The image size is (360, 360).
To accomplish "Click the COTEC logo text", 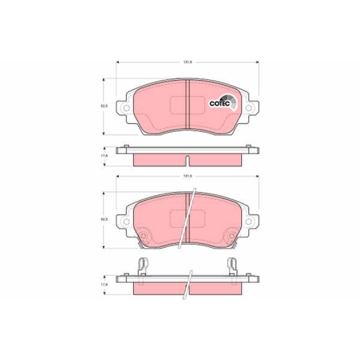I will [x=219, y=103].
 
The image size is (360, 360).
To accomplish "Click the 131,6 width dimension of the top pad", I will [x=186, y=61].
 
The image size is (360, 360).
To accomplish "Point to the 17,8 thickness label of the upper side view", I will [x=104, y=155].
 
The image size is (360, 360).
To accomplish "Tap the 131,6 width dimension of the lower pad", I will [x=186, y=176].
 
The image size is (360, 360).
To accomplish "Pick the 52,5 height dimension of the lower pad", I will [x=104, y=220].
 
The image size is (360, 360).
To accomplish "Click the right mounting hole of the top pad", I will [x=250, y=109].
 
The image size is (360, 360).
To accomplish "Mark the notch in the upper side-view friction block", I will [x=187, y=159].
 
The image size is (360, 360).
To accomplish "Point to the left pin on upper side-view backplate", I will [x=127, y=148].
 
